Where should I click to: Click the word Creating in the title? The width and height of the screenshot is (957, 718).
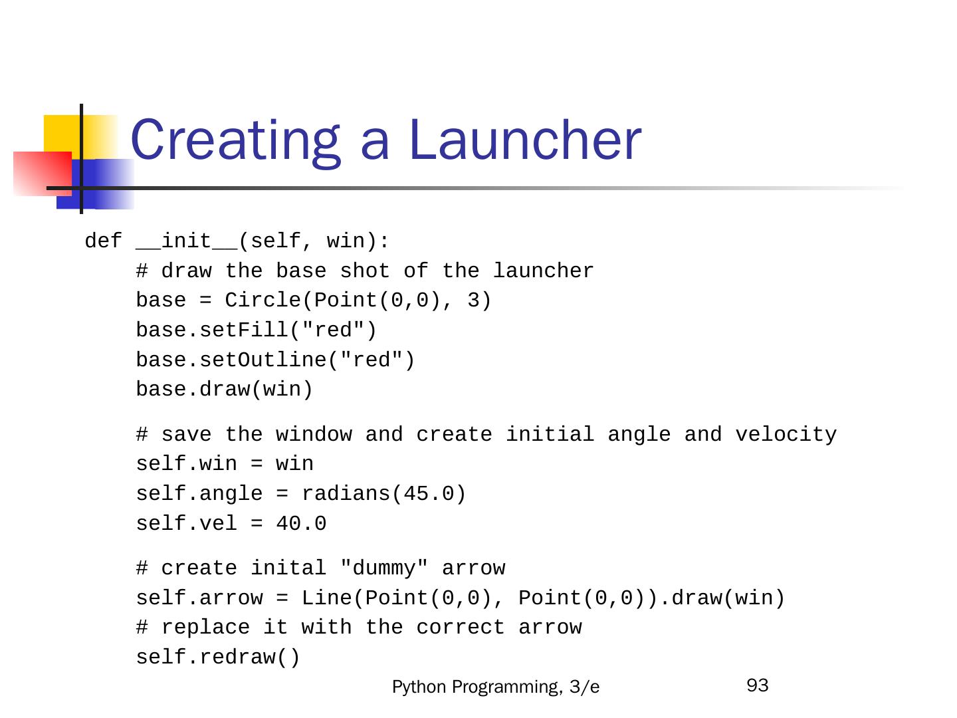236,141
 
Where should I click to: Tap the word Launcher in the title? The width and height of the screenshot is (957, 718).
525,141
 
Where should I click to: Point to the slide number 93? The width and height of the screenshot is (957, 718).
758,685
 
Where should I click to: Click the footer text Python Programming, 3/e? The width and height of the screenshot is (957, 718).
496,687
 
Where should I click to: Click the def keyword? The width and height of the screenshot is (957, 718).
104,241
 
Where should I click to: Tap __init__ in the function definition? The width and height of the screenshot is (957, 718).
186,241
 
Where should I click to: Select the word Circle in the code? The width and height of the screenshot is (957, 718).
263,300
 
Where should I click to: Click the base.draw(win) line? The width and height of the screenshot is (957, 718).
224,390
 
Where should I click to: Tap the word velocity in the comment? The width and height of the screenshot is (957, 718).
786,435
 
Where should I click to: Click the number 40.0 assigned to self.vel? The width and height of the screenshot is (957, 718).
301,524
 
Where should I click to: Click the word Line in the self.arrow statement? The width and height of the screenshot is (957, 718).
326,598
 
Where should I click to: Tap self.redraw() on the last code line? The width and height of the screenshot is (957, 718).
218,658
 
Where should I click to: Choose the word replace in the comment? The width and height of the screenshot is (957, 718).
205,628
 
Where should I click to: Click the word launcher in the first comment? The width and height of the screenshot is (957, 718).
543,271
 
